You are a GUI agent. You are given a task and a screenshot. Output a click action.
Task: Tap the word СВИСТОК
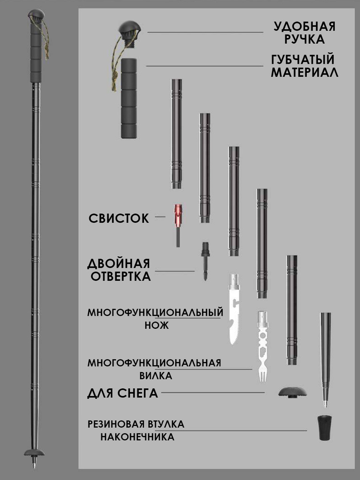coord(119,218)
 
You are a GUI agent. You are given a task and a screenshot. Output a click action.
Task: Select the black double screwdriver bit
coord(205,261)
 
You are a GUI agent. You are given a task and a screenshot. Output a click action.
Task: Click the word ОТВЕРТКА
coord(120,276)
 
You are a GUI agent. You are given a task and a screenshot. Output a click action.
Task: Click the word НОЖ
coord(157,325)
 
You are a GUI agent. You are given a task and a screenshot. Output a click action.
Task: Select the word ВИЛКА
coord(156,375)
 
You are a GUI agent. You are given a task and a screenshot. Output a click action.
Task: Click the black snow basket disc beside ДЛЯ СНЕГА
coord(293,392)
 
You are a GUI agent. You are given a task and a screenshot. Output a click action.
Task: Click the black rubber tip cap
coord(325,428)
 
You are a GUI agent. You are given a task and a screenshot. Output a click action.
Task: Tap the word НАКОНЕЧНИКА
coord(137,437)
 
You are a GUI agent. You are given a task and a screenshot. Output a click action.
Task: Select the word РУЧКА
coord(304,39)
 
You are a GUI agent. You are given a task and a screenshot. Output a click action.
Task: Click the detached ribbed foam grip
coord(129,98)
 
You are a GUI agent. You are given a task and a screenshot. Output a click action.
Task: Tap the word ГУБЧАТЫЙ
coord(302,60)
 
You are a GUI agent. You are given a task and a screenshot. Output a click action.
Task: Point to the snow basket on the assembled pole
coord(34,453)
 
